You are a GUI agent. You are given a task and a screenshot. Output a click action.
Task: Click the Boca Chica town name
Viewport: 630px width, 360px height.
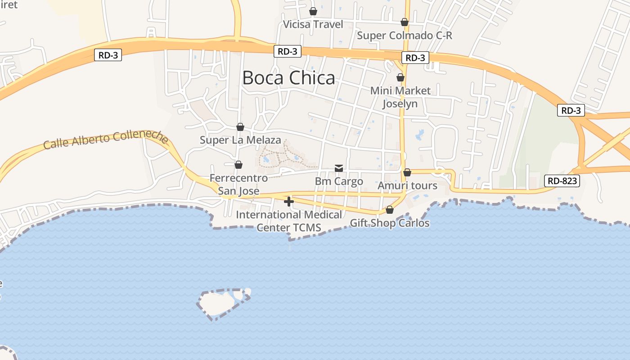click(288, 78)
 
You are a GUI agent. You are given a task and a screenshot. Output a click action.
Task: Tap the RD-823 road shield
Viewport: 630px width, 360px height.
click(562, 181)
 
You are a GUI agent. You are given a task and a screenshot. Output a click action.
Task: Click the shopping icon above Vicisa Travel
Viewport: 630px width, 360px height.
click(313, 11)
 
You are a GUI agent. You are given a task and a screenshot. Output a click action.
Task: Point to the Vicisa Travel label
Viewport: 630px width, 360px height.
click(313, 24)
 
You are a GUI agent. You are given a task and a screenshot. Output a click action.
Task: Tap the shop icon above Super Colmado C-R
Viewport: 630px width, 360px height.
click(405, 22)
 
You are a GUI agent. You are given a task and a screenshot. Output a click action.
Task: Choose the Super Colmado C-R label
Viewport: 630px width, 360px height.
click(405, 35)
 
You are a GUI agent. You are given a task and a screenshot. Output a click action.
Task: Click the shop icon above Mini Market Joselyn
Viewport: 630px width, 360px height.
click(400, 77)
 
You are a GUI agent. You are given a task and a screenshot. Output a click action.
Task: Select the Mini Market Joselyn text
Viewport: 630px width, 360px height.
click(400, 97)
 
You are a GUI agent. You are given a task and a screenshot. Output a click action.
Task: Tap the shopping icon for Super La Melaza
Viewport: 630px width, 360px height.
click(240, 127)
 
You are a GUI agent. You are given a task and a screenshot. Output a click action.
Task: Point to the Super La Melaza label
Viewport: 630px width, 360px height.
click(240, 140)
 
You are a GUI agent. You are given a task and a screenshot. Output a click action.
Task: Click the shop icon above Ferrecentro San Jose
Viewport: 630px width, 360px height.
click(238, 165)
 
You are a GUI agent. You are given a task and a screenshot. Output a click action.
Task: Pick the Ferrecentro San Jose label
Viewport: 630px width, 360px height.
click(238, 184)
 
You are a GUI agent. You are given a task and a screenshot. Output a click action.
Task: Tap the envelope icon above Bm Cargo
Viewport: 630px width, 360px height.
click(339, 168)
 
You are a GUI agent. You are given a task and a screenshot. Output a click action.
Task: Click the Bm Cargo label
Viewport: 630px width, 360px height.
click(339, 181)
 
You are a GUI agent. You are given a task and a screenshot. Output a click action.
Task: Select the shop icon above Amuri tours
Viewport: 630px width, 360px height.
click(407, 172)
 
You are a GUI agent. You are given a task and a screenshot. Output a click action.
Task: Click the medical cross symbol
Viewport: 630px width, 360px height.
click(289, 202)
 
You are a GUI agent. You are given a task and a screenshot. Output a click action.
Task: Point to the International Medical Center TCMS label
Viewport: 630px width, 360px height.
click(289, 221)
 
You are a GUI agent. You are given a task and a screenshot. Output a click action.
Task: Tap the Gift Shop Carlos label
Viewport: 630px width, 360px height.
click(390, 223)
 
